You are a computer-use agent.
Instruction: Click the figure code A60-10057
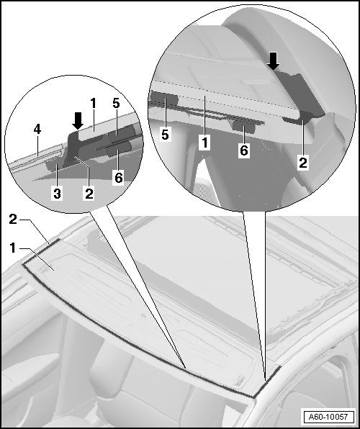coord(328,417)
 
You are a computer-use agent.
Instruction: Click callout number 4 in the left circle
coord(37,130)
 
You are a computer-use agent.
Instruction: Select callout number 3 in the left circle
coord(57,194)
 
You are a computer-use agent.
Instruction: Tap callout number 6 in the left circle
coord(119,178)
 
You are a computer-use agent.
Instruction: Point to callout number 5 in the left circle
coord(116,104)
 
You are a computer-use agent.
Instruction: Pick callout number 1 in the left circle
coord(94,104)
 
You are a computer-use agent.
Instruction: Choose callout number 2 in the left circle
coord(89,194)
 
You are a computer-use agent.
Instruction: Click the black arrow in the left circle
coord(78,120)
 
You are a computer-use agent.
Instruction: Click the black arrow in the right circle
coord(273,61)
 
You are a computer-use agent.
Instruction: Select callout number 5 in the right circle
coord(165,135)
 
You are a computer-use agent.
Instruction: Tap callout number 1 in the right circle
coord(204,143)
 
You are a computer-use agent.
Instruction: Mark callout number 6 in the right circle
coord(243,150)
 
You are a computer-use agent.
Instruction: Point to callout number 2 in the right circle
coord(303,163)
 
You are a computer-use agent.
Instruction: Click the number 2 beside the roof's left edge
coord(13,220)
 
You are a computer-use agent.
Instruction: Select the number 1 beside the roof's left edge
coord(12,248)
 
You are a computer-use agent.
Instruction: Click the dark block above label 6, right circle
coord(243,125)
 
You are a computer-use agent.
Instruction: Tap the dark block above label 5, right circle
coord(163,99)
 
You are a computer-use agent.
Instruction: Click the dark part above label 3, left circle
coord(54,165)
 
